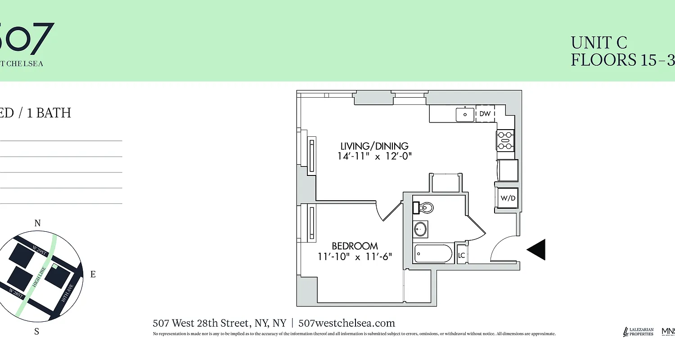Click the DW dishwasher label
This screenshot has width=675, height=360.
pyautogui.click(x=485, y=114)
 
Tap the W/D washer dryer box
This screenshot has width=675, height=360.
pyautogui.click(x=508, y=198)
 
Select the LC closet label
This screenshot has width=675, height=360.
pyautogui.click(x=461, y=255)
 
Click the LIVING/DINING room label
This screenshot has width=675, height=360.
pyautogui.click(x=374, y=146)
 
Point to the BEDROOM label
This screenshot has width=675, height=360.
pyautogui.click(x=355, y=246)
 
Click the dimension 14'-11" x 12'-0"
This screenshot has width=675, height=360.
pyautogui.click(x=374, y=156)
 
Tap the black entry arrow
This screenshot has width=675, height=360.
pyautogui.click(x=536, y=249)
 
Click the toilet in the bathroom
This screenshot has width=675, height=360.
pyautogui.click(x=425, y=208)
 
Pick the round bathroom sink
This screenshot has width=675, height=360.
pyautogui.click(x=420, y=229)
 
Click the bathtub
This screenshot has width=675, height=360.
pyautogui.click(x=433, y=254)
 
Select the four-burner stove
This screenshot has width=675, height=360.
pyautogui.click(x=505, y=139)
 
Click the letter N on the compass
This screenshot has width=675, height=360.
pyautogui.click(x=38, y=223)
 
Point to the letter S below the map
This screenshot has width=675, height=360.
pyautogui.click(x=37, y=332)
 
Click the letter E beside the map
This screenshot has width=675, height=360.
pyautogui.click(x=93, y=274)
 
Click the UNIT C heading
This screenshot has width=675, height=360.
pyautogui.click(x=599, y=43)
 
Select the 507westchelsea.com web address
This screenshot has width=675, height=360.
pyautogui.click(x=346, y=323)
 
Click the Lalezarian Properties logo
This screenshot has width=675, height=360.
pyautogui.click(x=638, y=332)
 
